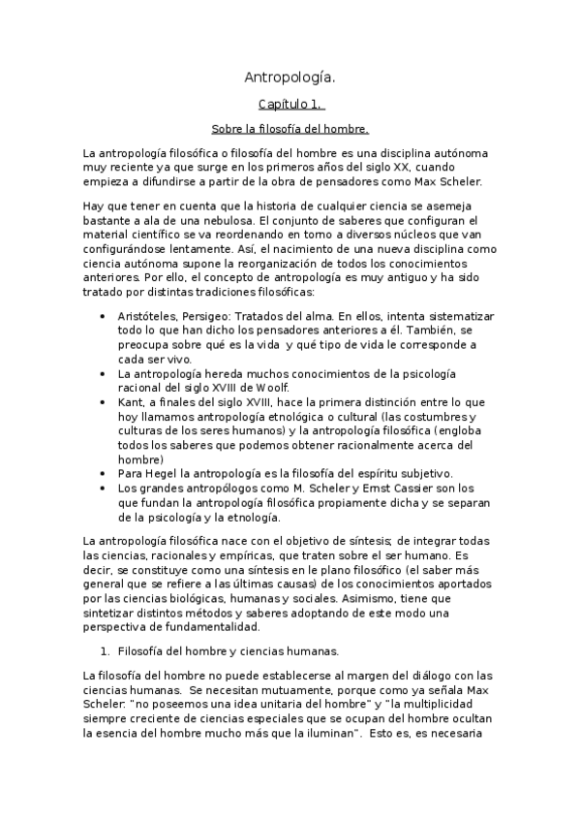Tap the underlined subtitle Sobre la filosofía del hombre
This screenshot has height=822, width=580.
290,128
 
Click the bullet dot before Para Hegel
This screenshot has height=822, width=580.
105,473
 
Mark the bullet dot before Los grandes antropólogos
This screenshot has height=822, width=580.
105,489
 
